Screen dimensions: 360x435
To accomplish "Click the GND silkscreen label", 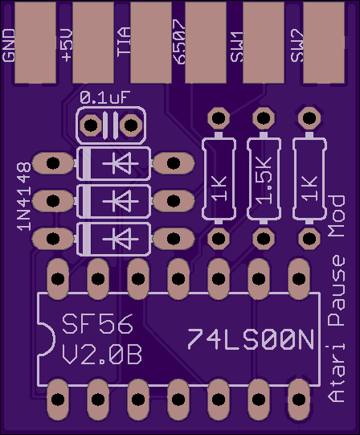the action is coord(8,45).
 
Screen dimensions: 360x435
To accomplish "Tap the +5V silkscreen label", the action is coord(67,46).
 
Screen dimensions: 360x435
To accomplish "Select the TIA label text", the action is coord(124,42).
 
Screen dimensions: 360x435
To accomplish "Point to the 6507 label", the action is coord(179,42).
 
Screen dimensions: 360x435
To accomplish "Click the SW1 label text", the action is coord(236,47).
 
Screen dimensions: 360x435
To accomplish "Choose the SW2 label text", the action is coord(297,46).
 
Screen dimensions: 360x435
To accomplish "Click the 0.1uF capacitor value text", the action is coord(104,97).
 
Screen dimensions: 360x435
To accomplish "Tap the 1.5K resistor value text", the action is coord(264,181).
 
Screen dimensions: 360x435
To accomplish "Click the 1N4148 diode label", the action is coord(23,196).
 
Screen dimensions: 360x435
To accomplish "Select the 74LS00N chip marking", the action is coord(251,339).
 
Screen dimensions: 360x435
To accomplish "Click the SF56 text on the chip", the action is coord(97,324).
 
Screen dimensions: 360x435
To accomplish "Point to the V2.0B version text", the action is coord(101,355).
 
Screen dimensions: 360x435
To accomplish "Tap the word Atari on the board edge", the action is coord(336,373).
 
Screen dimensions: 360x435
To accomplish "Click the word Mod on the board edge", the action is coord(336,216).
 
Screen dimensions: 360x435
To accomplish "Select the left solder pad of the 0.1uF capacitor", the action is coord(91,125).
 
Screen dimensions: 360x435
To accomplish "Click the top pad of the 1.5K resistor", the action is coord(264,118).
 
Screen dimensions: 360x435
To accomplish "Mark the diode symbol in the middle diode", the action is coord(121,201).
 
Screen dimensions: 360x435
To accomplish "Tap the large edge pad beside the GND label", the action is coord(35,43).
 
